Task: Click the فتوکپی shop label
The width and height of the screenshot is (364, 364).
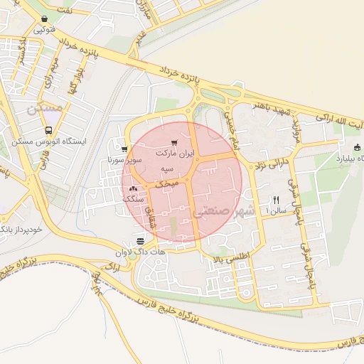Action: click(x=44, y=30)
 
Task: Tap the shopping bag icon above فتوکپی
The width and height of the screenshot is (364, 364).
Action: click(x=45, y=19)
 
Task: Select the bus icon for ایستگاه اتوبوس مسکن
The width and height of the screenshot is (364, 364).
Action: click(x=48, y=131)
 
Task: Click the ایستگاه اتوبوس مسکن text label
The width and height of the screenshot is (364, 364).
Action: click(x=48, y=141)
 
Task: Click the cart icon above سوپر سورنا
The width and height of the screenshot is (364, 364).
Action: click(x=124, y=149)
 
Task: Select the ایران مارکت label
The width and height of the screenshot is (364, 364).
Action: click(x=173, y=154)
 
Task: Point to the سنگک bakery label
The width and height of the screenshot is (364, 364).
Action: click(x=133, y=199)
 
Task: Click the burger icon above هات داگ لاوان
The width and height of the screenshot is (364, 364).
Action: click(x=139, y=240)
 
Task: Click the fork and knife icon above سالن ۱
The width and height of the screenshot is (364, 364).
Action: click(x=276, y=200)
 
